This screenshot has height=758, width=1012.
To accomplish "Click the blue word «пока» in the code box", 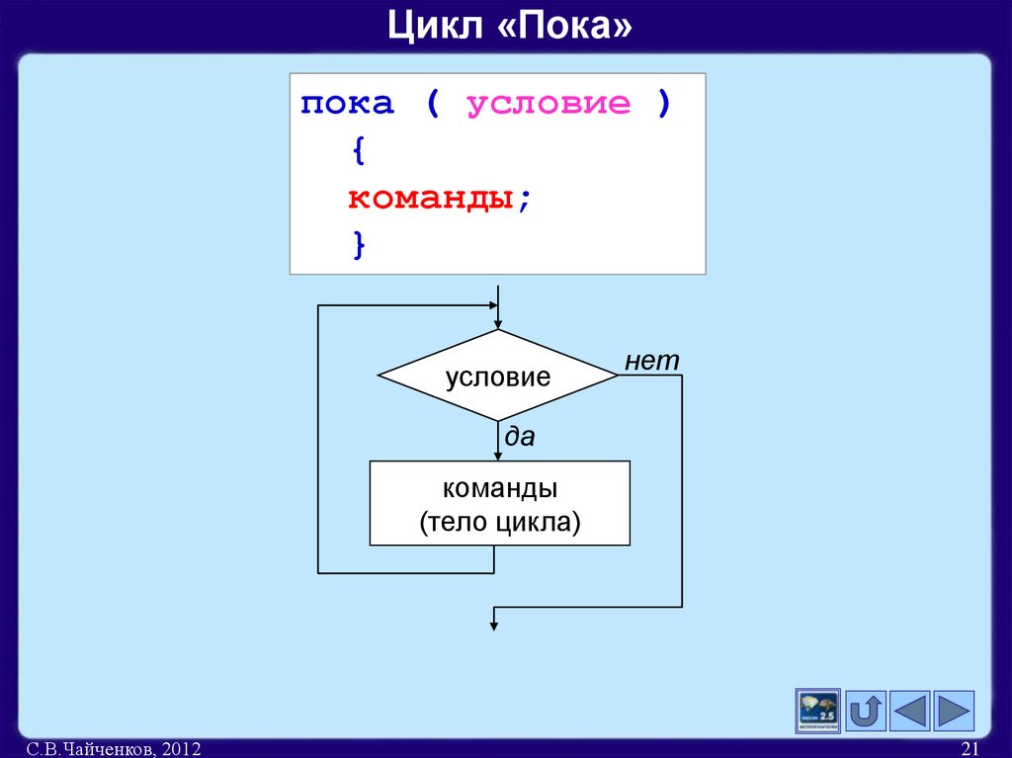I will coord(348,104).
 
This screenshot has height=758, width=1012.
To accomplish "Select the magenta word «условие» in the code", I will coord(548,104).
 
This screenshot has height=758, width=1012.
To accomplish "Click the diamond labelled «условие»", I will coord(498,377).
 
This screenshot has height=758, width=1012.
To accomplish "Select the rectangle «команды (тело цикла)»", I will coord(499,504).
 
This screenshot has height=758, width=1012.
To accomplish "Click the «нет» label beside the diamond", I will coord(652,362).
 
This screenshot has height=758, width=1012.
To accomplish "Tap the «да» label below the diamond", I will coord(520,437).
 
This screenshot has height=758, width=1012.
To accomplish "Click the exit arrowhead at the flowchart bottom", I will coord(495,623).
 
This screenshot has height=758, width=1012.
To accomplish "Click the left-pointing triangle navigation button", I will coord(910,711).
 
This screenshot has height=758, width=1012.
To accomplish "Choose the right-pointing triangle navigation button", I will coord(954,711).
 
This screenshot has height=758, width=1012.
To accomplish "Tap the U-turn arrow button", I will coord(866,711).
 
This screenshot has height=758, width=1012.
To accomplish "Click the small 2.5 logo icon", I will coord(817,711).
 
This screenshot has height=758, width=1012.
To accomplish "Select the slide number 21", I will coord(969,750).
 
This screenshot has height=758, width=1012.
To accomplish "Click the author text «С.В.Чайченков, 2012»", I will coord(115,750).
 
